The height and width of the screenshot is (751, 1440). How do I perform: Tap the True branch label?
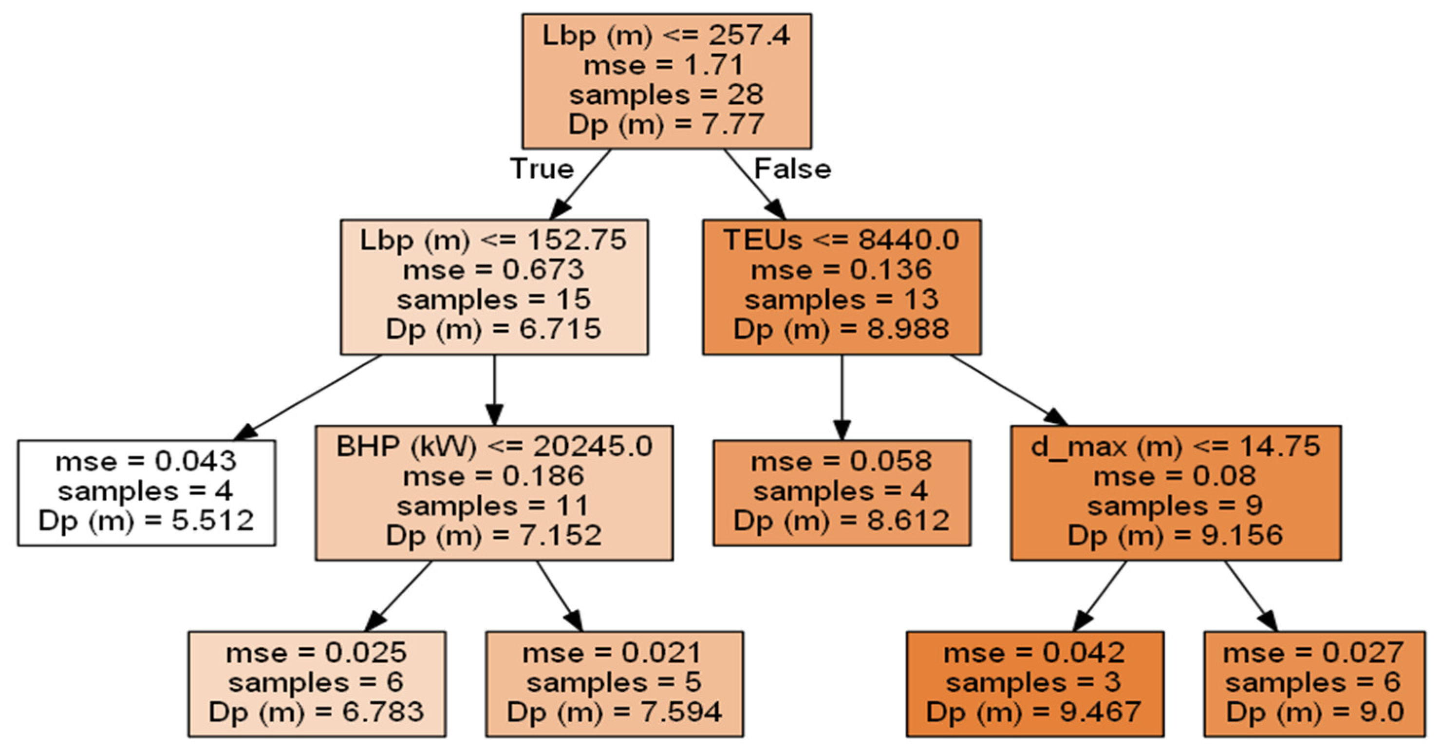[542, 169]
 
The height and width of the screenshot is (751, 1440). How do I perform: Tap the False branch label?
[792, 169]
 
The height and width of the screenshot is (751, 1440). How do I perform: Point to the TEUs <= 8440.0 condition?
[842, 241]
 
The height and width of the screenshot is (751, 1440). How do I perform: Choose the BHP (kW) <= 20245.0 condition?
[494, 447]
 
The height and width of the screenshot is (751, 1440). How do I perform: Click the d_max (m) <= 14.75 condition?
[1175, 447]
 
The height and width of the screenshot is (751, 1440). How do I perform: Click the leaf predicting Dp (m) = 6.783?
[317, 683]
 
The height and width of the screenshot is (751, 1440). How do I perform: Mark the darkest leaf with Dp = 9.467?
[1034, 683]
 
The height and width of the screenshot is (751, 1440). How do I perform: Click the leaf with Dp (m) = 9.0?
[1314, 683]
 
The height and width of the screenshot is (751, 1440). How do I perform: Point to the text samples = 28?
[666, 95]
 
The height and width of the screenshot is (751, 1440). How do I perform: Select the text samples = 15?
[494, 300]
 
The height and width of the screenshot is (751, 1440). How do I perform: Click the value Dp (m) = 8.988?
[842, 329]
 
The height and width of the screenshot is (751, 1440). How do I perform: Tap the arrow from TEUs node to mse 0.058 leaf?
[842, 397]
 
